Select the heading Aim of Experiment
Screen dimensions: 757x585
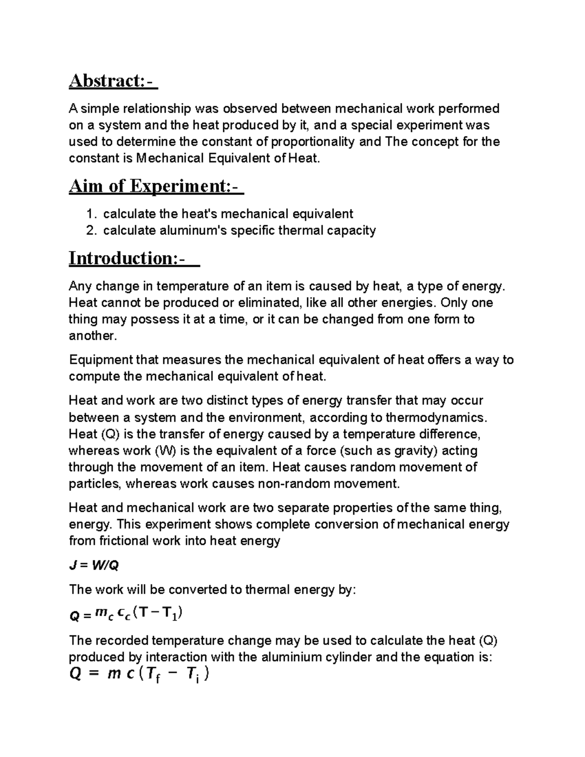tap(156, 186)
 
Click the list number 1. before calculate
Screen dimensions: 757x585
tap(91, 214)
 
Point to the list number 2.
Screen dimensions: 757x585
tap(91, 231)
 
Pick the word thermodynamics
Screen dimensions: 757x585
tap(435, 418)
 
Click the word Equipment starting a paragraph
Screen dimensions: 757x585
tap(100, 360)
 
